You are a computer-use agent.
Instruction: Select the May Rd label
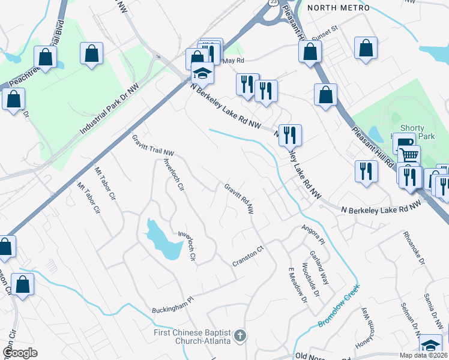[234, 61]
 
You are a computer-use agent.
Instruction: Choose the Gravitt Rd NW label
[240, 199]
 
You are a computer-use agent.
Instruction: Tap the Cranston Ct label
[249, 257]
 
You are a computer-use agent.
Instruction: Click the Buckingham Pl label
[173, 305]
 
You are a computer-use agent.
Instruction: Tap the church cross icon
[240, 335]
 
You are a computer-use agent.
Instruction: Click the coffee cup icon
[404, 142]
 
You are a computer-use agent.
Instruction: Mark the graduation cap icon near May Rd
[203, 74]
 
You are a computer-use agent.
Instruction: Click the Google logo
[20, 352]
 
